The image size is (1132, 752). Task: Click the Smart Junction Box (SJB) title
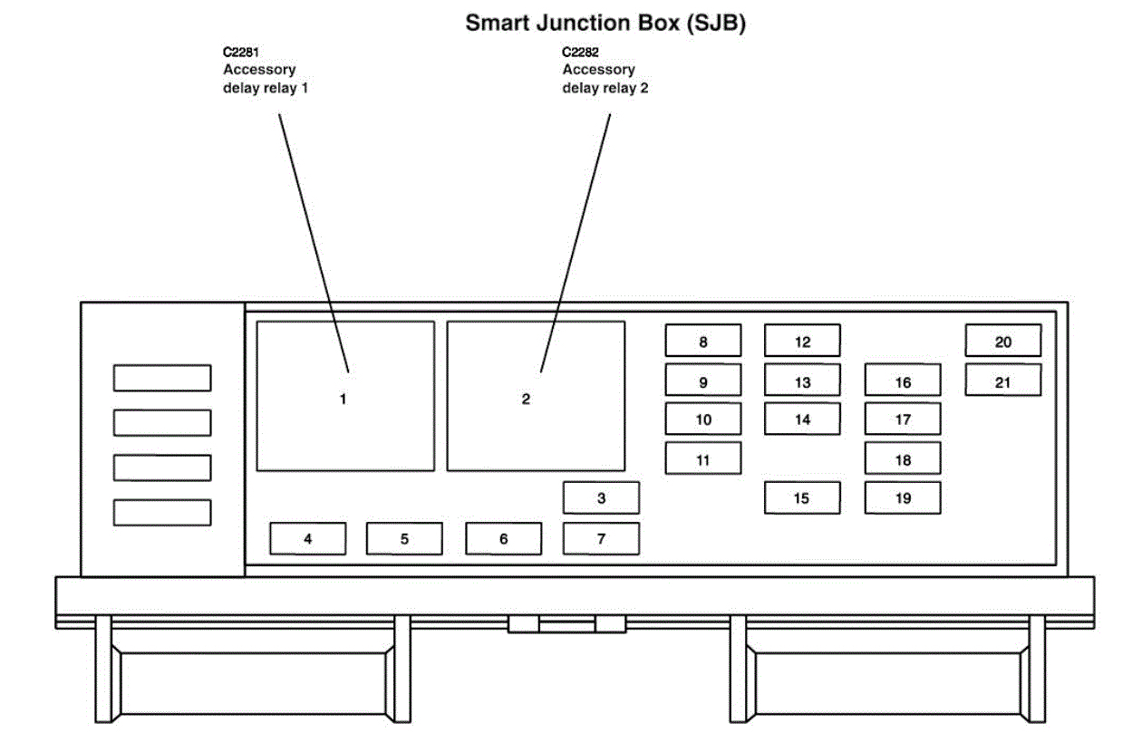point(605,24)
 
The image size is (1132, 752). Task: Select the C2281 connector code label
point(241,52)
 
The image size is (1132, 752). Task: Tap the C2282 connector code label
point(581,52)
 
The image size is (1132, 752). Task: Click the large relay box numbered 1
point(345,396)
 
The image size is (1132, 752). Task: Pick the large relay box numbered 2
point(536,396)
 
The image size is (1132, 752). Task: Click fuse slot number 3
point(601,497)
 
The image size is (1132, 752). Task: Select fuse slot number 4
point(308,538)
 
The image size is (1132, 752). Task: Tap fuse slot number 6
point(504,538)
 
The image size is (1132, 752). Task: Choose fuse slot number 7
point(601,538)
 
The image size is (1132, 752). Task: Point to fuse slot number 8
point(703,341)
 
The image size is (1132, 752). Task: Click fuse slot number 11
point(703,458)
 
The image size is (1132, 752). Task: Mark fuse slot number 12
point(802,341)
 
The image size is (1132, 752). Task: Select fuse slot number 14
point(802,419)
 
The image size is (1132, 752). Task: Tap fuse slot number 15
point(802,497)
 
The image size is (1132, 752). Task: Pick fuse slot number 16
point(903,381)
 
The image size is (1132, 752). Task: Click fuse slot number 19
point(903,497)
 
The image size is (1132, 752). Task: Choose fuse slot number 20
point(1002,341)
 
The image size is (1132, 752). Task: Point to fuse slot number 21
point(1002,381)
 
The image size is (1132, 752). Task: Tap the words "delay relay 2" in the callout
point(605,88)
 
